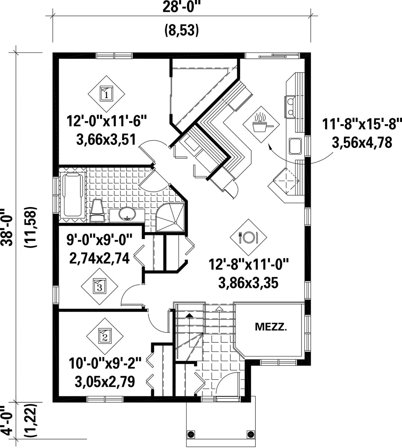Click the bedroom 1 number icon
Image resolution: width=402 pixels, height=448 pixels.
tap(106, 94)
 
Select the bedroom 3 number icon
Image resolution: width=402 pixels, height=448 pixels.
tap(99, 286)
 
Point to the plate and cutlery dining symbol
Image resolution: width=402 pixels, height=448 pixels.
tap(248, 238)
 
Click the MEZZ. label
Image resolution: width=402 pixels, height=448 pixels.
tap(271, 327)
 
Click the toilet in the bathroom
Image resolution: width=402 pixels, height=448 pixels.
tap(98, 210)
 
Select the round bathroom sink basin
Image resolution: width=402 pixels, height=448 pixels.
tap(127, 214)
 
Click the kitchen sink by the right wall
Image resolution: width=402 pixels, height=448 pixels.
tap(295, 146)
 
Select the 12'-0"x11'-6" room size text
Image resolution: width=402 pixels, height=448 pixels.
tap(106, 121)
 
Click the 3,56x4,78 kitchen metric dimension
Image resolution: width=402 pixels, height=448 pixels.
tap(362, 143)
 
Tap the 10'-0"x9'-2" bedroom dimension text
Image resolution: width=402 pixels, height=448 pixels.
tap(105, 363)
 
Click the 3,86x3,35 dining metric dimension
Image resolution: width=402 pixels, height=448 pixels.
tap(248, 283)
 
